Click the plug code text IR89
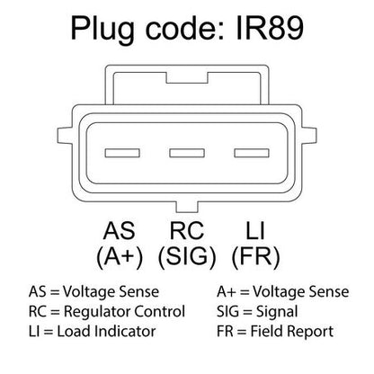270,28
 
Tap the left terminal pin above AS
122,153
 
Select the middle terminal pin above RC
187,153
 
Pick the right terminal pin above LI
252,153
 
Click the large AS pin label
119,231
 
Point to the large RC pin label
187,231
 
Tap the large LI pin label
255,231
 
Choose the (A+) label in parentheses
120,257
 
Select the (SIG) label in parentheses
187,257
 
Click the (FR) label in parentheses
255,257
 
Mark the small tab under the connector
187,207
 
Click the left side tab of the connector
65,136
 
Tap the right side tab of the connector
309,136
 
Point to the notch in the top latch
187,78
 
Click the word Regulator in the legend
97,312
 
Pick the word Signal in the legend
277,312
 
